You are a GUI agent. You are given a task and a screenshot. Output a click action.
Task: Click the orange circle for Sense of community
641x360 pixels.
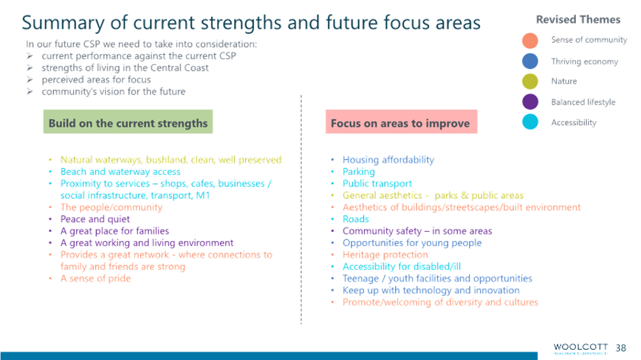(530, 40)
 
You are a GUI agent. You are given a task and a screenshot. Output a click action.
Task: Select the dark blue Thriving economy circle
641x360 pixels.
(530, 61)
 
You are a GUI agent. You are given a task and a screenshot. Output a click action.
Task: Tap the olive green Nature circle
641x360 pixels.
(530, 81)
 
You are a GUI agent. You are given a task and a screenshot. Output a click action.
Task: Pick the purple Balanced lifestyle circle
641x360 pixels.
(530, 101)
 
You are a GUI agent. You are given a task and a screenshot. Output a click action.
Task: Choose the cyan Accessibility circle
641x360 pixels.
(530, 121)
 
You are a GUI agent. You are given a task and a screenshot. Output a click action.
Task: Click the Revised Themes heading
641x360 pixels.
(578, 20)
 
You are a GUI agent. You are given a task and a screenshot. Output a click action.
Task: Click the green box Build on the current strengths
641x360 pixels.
(128, 123)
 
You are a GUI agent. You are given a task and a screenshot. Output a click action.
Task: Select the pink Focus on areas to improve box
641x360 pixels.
(400, 123)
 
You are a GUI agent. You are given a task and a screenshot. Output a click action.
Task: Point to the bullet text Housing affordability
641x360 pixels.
(388, 160)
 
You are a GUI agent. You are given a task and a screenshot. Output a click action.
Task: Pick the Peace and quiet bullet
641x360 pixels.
(95, 219)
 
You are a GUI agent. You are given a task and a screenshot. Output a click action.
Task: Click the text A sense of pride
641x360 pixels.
(95, 278)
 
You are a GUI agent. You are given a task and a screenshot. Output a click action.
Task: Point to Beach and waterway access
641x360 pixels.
(120, 172)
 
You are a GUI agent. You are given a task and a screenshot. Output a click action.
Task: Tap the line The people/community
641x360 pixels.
(111, 207)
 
